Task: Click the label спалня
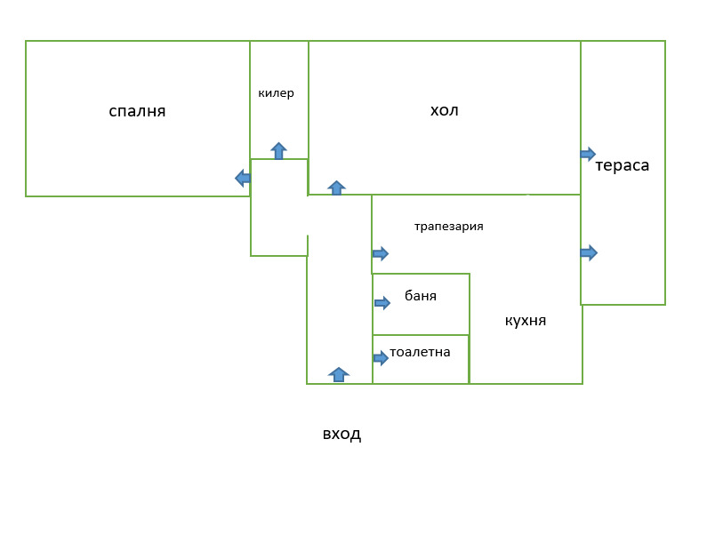click(x=137, y=111)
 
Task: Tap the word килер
click(x=276, y=93)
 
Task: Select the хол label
click(x=444, y=110)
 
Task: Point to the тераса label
click(x=622, y=165)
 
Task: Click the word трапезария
click(x=448, y=227)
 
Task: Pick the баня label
click(x=421, y=295)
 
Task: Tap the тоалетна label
click(x=420, y=352)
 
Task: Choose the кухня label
click(x=526, y=321)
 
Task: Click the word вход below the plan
click(x=341, y=435)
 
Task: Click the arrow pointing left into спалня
click(x=243, y=178)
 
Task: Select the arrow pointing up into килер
click(x=278, y=151)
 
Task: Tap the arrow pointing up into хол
click(x=337, y=188)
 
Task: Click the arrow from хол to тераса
click(x=588, y=154)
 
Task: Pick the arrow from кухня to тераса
click(x=589, y=252)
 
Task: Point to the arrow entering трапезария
click(x=381, y=253)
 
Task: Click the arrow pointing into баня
click(x=382, y=303)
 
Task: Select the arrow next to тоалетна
click(x=381, y=357)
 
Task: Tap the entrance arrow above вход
click(x=339, y=375)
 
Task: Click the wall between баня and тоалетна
click(x=421, y=335)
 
